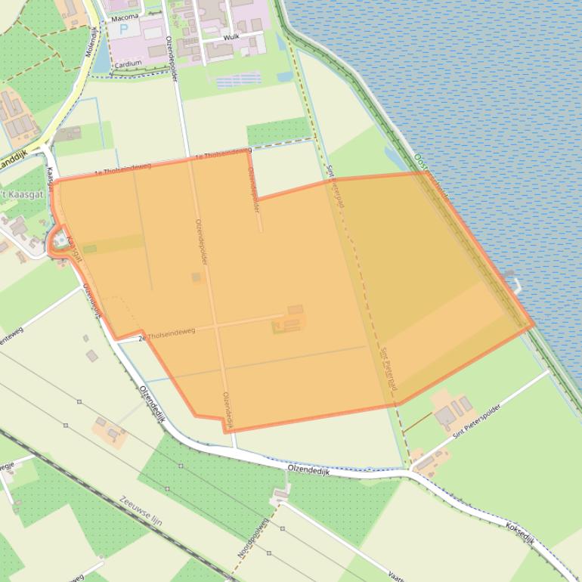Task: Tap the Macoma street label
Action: point(125,17)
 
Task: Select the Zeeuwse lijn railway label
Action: point(141,512)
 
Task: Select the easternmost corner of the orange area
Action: point(534,326)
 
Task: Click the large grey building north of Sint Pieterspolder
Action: point(445,415)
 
